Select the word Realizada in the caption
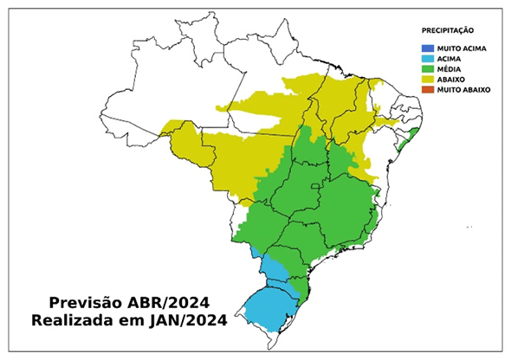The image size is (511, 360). tap(74, 321)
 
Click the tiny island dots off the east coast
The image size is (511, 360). tap(469, 226)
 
